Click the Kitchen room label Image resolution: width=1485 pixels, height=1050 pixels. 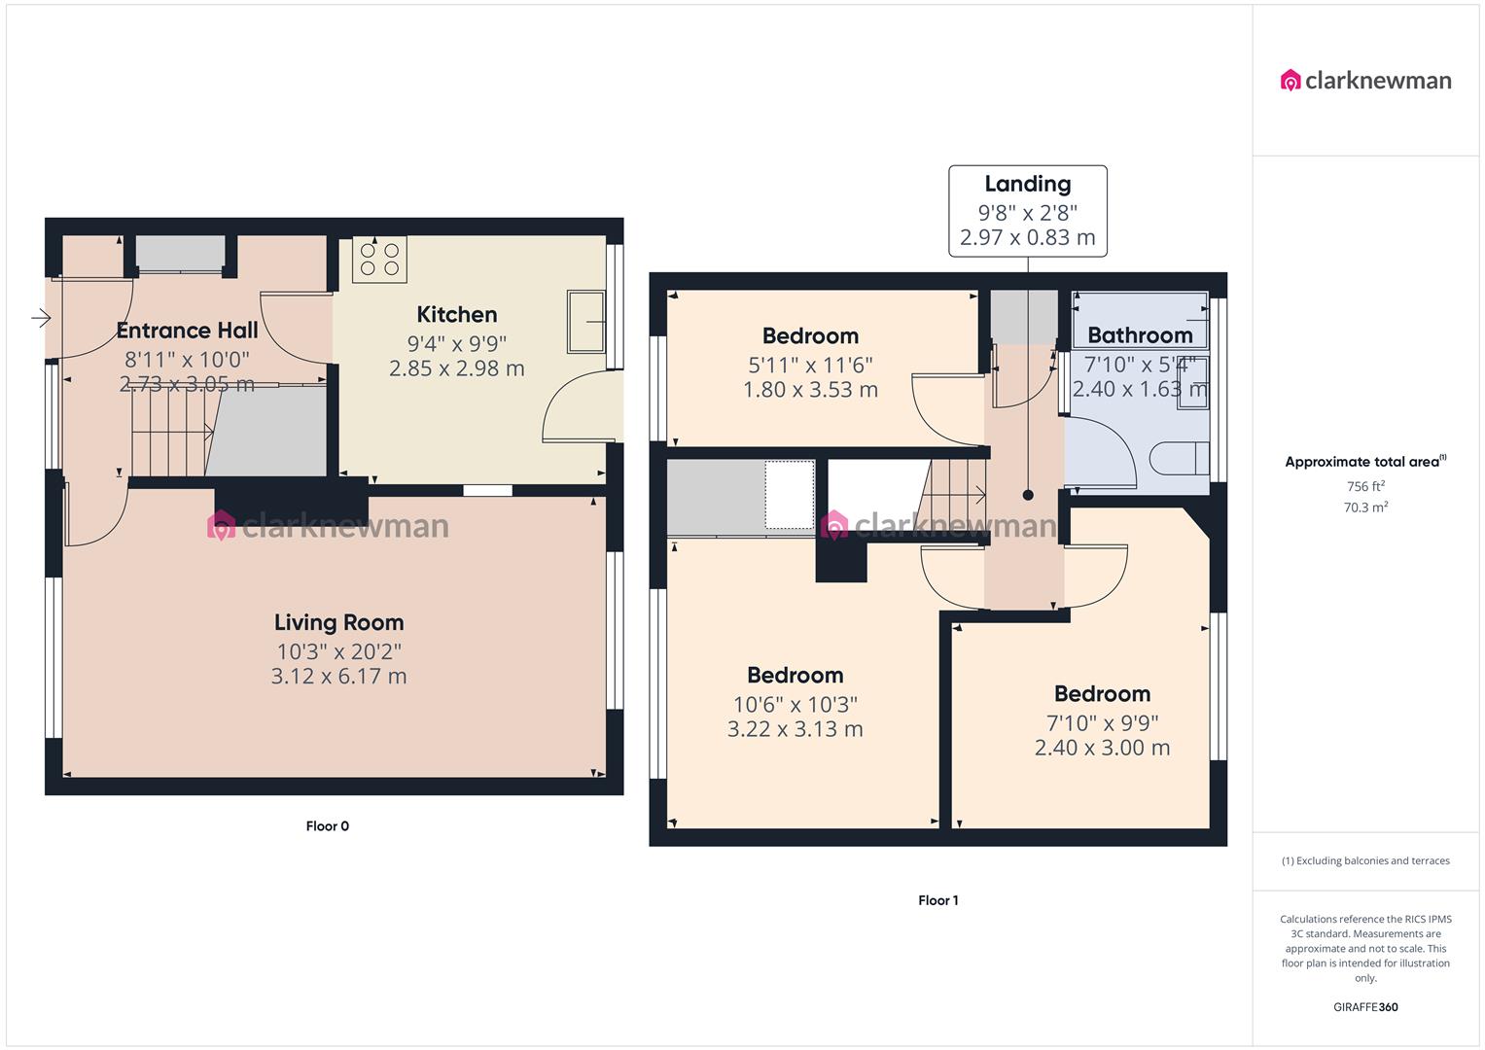(456, 314)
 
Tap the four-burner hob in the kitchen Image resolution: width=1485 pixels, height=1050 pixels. (379, 259)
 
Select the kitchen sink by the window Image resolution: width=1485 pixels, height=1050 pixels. (586, 322)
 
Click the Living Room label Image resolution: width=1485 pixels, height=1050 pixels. (338, 622)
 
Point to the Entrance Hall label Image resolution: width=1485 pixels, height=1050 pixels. (187, 331)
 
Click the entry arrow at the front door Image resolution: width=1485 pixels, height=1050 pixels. (40, 317)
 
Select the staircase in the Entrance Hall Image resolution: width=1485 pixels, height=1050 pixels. (171, 432)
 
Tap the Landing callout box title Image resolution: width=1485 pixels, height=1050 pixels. (1027, 184)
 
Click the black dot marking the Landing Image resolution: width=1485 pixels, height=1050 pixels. (1028, 495)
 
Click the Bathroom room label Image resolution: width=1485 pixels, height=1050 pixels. (1140, 335)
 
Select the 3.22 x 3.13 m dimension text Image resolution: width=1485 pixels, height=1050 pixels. (795, 729)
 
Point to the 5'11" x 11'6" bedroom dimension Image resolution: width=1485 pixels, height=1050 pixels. (810, 366)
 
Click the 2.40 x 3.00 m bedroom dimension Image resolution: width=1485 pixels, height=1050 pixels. (1102, 748)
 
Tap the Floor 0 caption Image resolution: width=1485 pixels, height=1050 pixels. (327, 826)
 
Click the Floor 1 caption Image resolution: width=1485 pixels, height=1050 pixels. (937, 900)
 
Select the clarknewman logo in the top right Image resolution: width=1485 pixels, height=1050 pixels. (1365, 81)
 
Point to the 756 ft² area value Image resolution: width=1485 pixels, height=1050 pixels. (1365, 486)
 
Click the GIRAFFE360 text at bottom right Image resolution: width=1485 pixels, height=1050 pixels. (1365, 1007)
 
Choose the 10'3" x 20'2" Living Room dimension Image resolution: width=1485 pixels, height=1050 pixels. (338, 651)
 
